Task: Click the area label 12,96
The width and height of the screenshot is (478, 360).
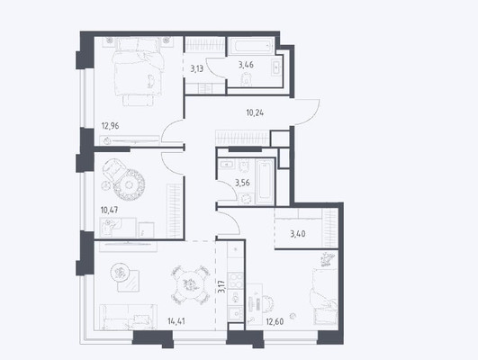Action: point(110,126)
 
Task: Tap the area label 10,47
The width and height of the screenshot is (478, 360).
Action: point(109,210)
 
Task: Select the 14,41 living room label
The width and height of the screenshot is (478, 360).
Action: point(176,321)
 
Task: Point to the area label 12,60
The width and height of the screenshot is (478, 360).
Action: point(275,321)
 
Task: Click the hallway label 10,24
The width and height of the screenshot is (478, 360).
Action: point(255,113)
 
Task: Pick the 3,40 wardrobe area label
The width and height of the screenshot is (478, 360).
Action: point(298,234)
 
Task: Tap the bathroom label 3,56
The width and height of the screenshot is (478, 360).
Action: point(242,183)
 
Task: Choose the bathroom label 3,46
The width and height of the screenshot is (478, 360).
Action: point(246,65)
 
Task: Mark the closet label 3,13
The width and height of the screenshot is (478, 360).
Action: point(196,68)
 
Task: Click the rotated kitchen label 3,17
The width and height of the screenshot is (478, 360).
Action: point(222,286)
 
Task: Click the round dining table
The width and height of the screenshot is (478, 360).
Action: point(191,284)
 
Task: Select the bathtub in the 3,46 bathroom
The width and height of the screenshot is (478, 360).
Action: point(251,46)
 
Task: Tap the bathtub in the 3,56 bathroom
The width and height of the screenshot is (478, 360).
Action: point(265,182)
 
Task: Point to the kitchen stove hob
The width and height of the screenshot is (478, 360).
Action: point(236,281)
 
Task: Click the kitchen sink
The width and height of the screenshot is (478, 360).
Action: point(236,313)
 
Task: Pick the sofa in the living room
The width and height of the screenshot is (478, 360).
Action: point(129,317)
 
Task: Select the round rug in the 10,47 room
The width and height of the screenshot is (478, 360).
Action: point(129,184)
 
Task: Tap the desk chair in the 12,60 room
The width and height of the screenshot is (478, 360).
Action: point(267,303)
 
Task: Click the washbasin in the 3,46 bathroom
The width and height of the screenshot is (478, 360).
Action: point(275,67)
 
